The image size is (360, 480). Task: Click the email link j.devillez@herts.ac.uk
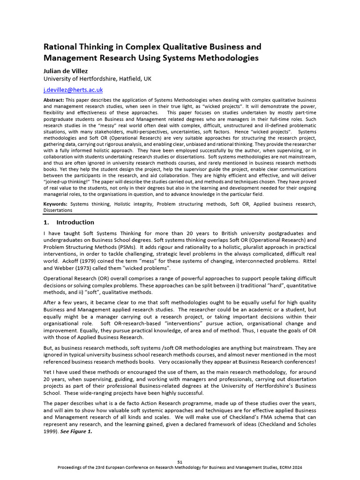(73, 90)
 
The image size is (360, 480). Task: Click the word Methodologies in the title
(225, 58)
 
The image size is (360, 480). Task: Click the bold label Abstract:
(54, 100)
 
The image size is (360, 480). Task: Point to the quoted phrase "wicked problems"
(146, 268)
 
